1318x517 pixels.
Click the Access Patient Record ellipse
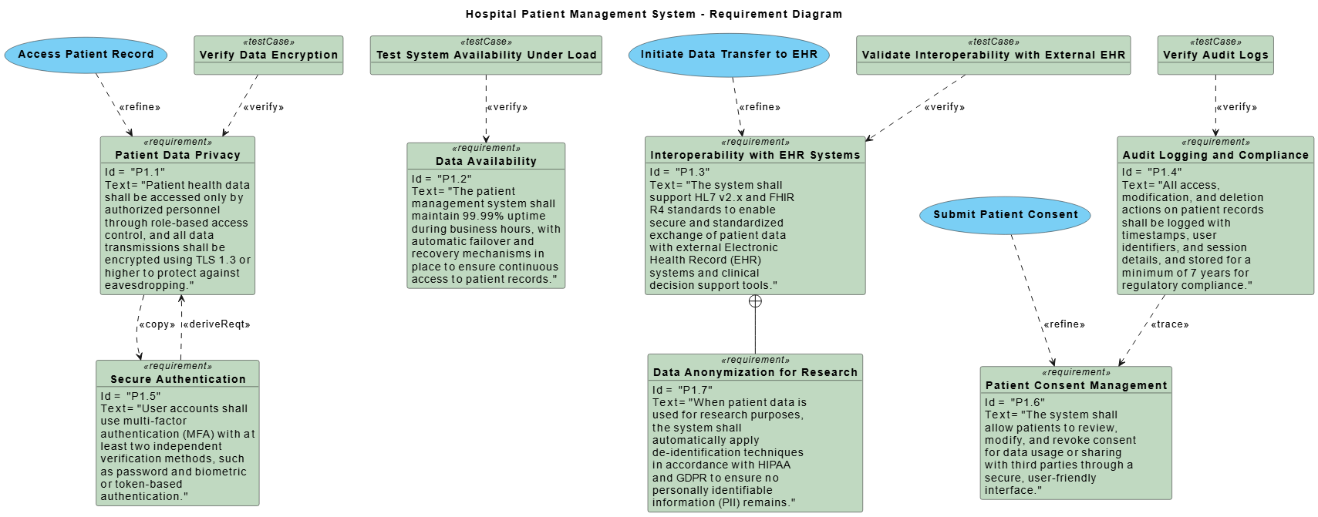[86, 55]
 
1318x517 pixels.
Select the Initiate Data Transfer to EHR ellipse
[729, 55]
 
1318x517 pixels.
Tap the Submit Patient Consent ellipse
[1005, 215]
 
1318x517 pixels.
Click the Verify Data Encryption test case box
[268, 55]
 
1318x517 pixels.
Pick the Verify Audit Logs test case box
[1215, 55]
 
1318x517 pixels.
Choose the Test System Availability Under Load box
[486, 55]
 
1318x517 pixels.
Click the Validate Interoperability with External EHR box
[993, 55]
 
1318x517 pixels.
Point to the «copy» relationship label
[157, 324]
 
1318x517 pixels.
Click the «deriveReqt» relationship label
[217, 324]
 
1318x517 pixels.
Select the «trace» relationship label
[1170, 324]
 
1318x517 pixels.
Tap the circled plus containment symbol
[755, 301]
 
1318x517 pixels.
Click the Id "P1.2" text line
[442, 179]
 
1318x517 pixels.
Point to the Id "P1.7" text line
[683, 390]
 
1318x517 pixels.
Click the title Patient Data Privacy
[177, 155]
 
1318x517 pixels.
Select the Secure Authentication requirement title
[177, 379]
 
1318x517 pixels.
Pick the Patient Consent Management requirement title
[1076, 385]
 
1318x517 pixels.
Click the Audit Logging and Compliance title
[1215, 155]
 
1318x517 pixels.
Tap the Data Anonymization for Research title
[755, 372]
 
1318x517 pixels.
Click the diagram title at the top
[654, 14]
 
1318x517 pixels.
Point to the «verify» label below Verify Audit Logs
[1237, 107]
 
